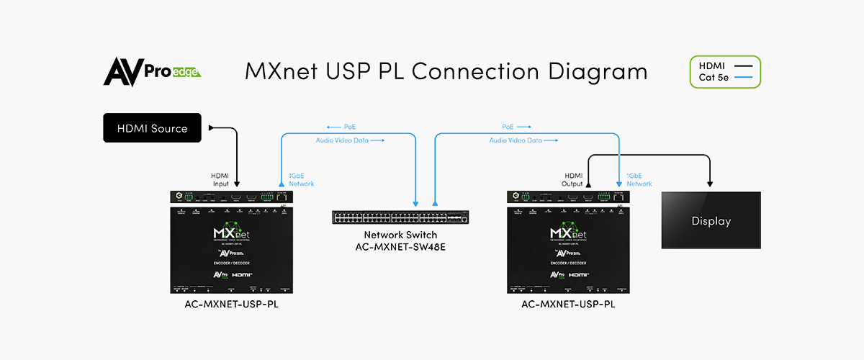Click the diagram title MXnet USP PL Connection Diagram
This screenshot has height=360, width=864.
446,72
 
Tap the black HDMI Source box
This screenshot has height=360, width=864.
152,128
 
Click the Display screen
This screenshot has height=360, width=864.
711,220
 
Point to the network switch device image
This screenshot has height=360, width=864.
401,216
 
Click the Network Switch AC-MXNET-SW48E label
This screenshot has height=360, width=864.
401,240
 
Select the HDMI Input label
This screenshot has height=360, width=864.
220,179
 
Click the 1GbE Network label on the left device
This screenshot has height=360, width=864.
301,179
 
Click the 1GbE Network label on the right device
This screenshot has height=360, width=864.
639,179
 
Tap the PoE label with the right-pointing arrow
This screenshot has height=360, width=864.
516,127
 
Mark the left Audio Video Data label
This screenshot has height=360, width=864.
350,140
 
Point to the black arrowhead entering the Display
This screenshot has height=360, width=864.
711,184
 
